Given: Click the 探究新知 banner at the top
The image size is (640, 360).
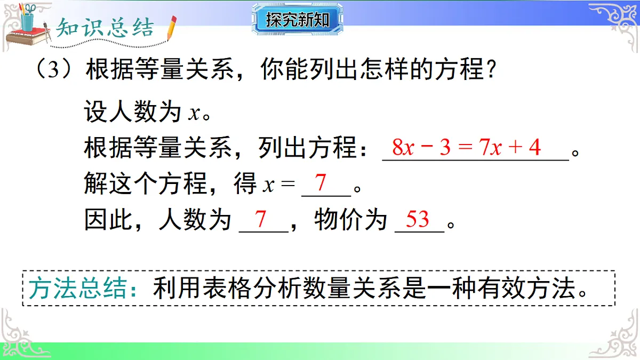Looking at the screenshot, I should pos(298,20).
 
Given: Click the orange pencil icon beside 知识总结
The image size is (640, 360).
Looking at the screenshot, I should pos(171,28).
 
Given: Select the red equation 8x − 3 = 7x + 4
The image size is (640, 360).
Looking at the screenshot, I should pos(466,147).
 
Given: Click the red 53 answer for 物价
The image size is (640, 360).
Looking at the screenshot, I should pos(417,219).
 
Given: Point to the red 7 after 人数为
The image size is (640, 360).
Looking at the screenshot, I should pos(261,219).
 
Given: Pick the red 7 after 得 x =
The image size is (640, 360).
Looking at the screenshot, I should pos(321,183).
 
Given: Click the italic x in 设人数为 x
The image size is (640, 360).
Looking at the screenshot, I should pos(194,113).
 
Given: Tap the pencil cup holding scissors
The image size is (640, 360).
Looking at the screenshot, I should pos(27,18).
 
